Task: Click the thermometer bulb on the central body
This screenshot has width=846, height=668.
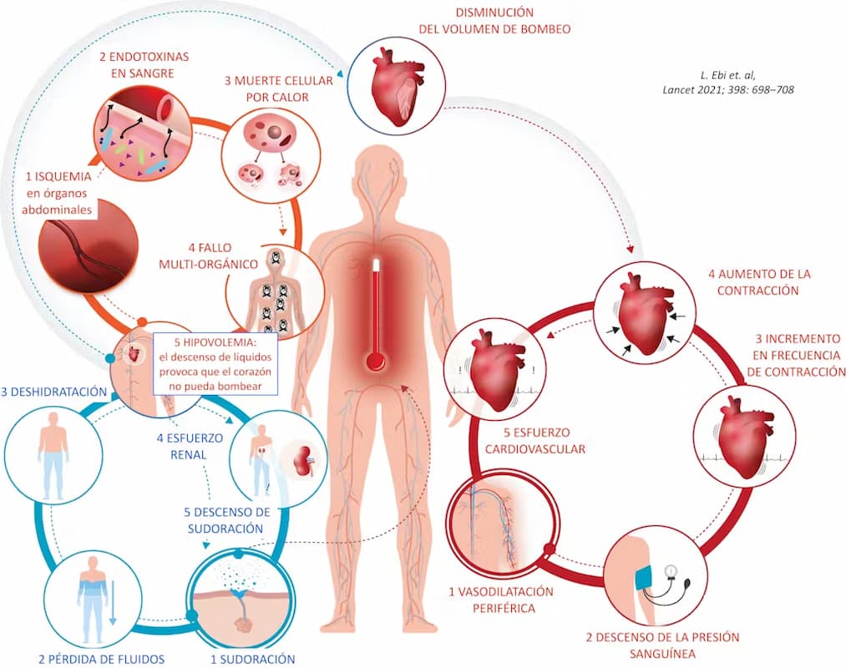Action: click(376, 362)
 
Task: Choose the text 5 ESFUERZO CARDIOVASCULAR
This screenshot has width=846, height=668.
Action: click(535, 440)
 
